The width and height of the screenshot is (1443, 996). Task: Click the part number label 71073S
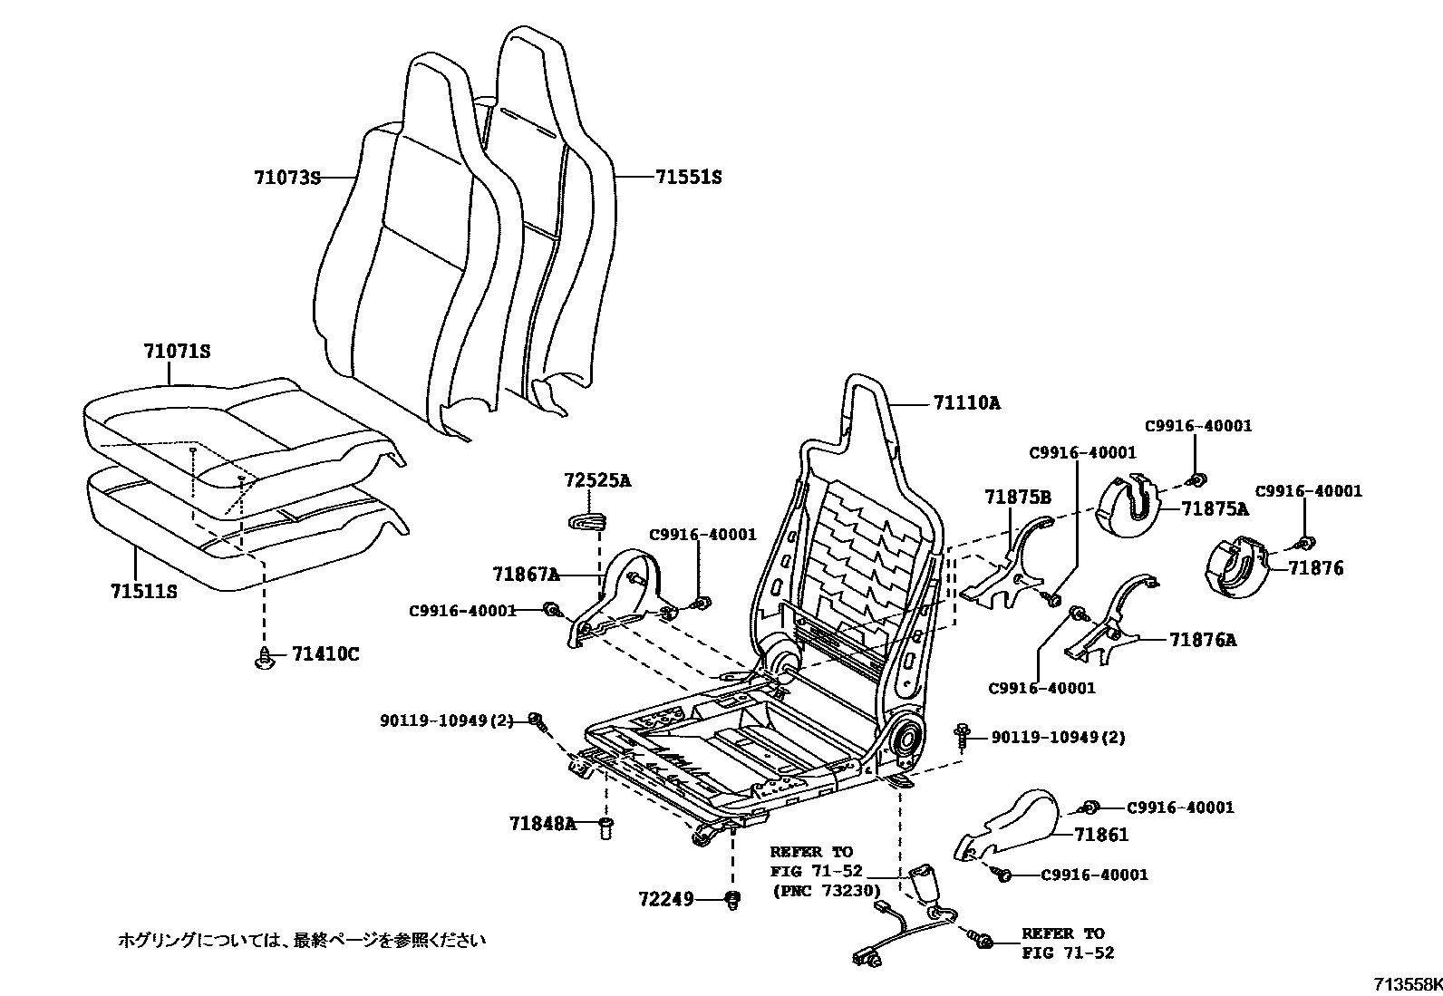286,178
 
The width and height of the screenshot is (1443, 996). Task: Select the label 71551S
688,178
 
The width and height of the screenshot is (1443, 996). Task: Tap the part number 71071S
177,351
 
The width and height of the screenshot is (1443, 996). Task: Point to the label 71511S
143,592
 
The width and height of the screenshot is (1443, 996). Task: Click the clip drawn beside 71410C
264,658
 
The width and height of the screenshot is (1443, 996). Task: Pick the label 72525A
596,480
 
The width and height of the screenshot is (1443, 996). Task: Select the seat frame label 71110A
967,403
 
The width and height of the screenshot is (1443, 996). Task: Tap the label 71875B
1018,497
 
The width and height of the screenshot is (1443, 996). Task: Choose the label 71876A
1202,640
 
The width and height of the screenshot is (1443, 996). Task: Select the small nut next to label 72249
732,899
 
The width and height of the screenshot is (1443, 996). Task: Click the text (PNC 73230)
826,891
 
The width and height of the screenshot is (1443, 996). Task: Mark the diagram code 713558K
1405,984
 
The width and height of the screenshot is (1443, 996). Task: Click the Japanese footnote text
302,940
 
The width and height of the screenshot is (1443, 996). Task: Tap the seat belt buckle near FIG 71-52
928,881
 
